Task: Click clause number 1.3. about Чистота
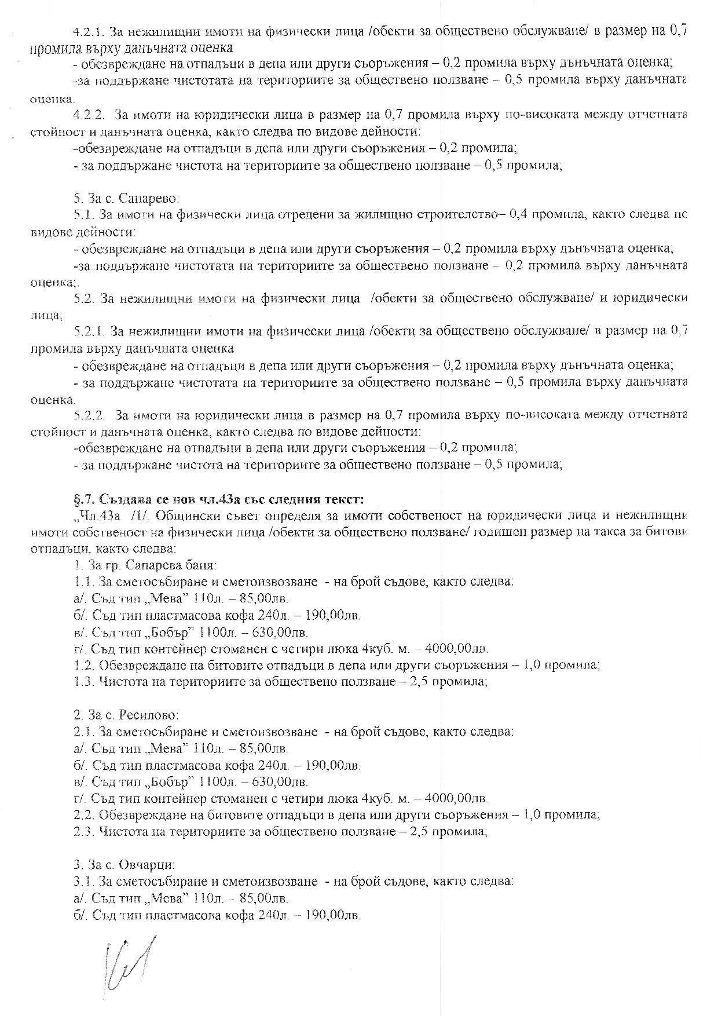(x=85, y=682)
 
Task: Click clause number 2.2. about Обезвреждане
(x=85, y=815)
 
